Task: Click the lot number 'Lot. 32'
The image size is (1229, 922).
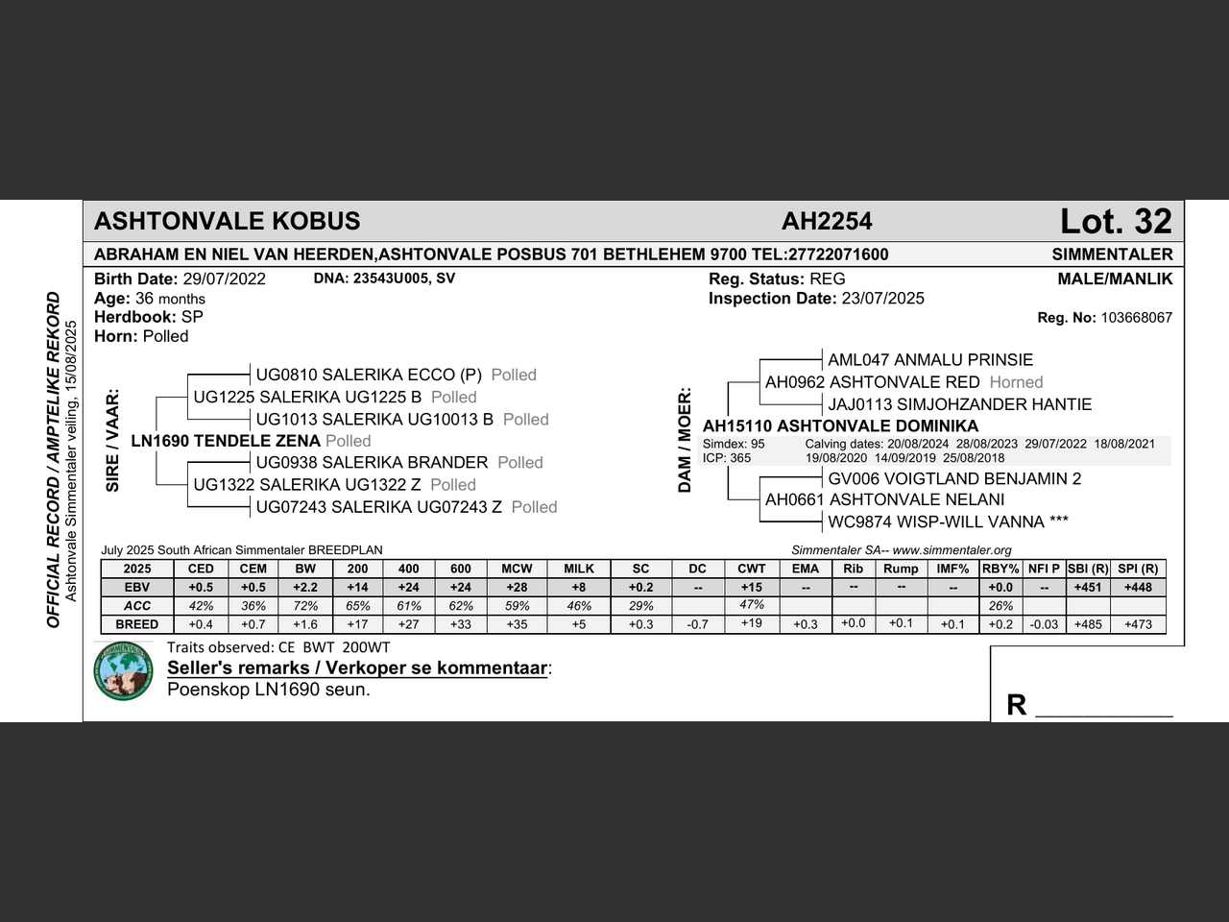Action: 1116,222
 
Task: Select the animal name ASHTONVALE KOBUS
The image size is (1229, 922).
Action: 228,222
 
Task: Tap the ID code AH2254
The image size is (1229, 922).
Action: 827,222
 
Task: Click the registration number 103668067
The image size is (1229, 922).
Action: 1136,318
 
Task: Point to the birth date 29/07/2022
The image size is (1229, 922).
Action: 225,279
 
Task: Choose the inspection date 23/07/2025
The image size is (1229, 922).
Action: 882,299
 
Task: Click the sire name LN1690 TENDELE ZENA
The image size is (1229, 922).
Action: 226,441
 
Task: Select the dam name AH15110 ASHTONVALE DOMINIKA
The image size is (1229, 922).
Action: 840,426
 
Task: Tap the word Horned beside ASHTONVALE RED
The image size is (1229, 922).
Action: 1016,382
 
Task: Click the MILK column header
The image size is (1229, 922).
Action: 579,569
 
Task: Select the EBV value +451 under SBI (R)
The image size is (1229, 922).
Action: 1088,587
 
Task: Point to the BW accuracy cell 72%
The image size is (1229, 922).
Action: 305,606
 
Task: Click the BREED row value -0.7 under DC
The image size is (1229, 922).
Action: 698,624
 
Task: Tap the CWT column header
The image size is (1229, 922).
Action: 752,569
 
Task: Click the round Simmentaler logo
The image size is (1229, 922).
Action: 124,669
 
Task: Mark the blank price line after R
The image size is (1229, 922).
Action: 1104,709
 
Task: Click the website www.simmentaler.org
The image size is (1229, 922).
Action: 952,550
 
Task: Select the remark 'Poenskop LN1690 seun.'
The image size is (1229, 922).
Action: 268,690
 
